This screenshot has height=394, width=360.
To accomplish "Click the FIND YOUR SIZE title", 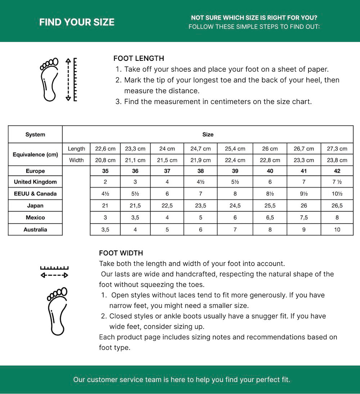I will tap(77, 22).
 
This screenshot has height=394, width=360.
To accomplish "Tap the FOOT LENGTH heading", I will tap(139, 58).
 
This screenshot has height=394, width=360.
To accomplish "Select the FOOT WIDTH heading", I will tap(121, 253).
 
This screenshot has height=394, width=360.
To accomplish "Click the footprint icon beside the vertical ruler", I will tap(49, 79).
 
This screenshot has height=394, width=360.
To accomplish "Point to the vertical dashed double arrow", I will tap(68, 79).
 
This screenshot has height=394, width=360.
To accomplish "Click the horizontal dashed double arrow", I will tap(54, 275).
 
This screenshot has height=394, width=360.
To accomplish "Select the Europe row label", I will tap(35, 171).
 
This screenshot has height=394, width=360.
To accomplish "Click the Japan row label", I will tap(35, 206).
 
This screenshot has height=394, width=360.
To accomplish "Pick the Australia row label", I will tap(35, 230).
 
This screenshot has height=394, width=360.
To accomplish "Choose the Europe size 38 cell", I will tap(201, 171).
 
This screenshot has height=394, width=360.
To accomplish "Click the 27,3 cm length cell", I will tap(337, 149).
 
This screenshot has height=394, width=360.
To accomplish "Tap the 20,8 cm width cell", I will tap(105, 160).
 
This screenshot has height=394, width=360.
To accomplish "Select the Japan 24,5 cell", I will tap(235, 206).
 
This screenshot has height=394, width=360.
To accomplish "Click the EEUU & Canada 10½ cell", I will tap(337, 194).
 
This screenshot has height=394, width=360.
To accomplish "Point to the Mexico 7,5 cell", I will tap(304, 218).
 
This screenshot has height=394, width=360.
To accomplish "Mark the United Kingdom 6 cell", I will tap(270, 182).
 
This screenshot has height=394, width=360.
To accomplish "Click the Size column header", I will tap(208, 135).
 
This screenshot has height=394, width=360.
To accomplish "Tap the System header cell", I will tap(35, 135).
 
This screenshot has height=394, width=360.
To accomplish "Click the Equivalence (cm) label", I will tap(35, 154).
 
